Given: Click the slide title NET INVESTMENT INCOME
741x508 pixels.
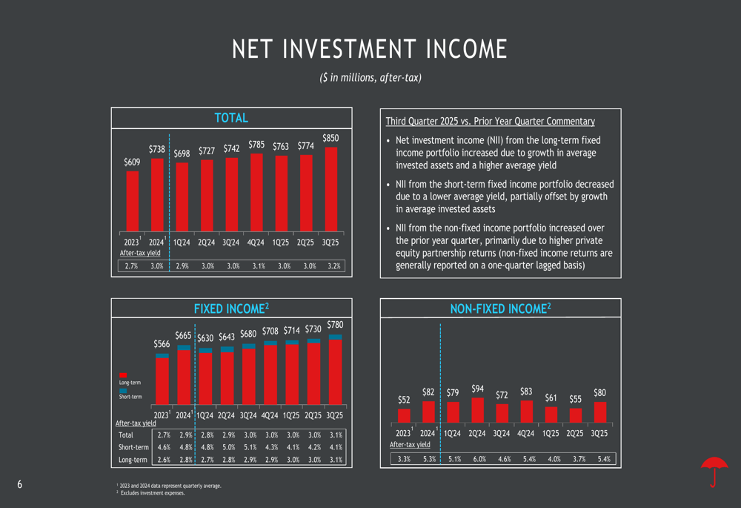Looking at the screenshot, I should [370, 50].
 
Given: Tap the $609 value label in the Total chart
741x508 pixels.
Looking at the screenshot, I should [132, 162].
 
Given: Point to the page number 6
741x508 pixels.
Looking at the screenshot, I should [20, 485].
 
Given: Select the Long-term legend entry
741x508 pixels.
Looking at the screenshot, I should [130, 383].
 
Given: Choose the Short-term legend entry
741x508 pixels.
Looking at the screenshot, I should [130, 397].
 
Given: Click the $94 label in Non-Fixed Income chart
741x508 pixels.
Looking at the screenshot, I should [477, 389].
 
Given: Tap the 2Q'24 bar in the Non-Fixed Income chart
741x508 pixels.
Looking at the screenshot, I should [477, 409].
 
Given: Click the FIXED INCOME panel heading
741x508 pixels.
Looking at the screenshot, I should [230, 308].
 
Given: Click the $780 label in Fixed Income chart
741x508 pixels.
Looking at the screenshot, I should [335, 325].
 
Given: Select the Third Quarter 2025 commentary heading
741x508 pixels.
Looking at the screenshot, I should [490, 122].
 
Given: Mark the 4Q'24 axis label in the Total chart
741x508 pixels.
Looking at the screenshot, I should [256, 242].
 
